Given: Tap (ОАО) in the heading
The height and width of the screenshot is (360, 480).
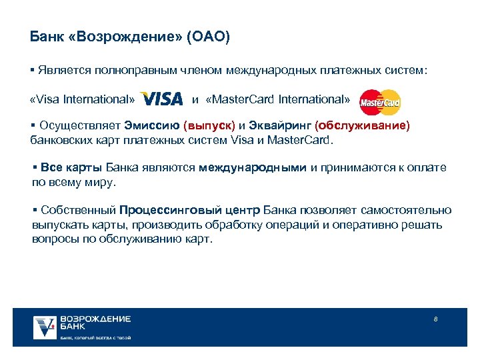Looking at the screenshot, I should point(208,37).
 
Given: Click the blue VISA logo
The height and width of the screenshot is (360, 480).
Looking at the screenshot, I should point(162,99).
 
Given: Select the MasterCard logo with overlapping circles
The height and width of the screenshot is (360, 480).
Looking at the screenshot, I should point(380,102).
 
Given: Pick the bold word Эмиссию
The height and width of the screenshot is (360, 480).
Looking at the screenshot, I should point(155,125).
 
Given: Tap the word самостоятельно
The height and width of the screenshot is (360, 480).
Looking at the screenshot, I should point(405,211).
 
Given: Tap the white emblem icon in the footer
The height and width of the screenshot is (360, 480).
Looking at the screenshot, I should point(45,327).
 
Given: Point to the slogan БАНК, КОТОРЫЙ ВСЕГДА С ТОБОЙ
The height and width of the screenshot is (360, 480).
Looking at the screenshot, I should point(95,338).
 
